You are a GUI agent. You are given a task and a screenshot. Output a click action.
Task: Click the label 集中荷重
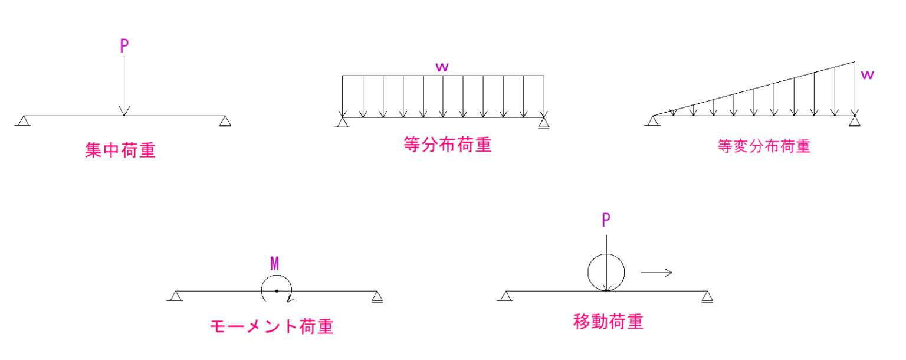click(x=120, y=150)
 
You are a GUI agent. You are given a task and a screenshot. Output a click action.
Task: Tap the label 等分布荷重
click(x=448, y=145)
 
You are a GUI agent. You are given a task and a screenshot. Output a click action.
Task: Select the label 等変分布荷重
click(x=764, y=146)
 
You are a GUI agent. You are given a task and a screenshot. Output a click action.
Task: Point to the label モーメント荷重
click(x=271, y=326)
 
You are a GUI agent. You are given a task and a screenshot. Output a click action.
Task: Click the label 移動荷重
click(x=608, y=322)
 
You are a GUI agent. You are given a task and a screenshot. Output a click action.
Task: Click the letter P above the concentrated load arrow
click(x=124, y=47)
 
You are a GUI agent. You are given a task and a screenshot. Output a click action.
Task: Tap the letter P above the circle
click(x=606, y=220)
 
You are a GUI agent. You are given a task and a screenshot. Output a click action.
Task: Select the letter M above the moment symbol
click(x=275, y=264)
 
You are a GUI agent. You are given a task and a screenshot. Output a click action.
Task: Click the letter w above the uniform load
click(x=442, y=67)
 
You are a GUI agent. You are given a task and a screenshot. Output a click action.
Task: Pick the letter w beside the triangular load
click(x=867, y=75)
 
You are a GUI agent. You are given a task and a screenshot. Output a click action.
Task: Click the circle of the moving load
click(x=606, y=273)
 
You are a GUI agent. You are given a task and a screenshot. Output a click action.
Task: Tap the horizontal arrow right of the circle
click(x=656, y=272)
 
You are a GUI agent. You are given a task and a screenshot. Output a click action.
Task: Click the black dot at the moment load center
click(x=276, y=291)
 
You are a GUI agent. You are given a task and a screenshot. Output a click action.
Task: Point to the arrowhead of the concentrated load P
click(x=124, y=112)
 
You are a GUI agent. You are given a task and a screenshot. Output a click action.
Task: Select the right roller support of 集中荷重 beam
click(x=225, y=122)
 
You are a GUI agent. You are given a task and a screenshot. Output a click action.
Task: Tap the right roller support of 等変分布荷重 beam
click(x=855, y=122)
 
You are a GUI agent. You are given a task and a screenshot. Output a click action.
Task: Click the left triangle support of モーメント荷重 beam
click(x=175, y=296)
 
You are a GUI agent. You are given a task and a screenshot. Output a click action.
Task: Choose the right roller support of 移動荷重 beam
click(x=707, y=297)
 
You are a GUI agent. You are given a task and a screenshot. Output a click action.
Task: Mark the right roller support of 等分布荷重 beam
click(x=544, y=123)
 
